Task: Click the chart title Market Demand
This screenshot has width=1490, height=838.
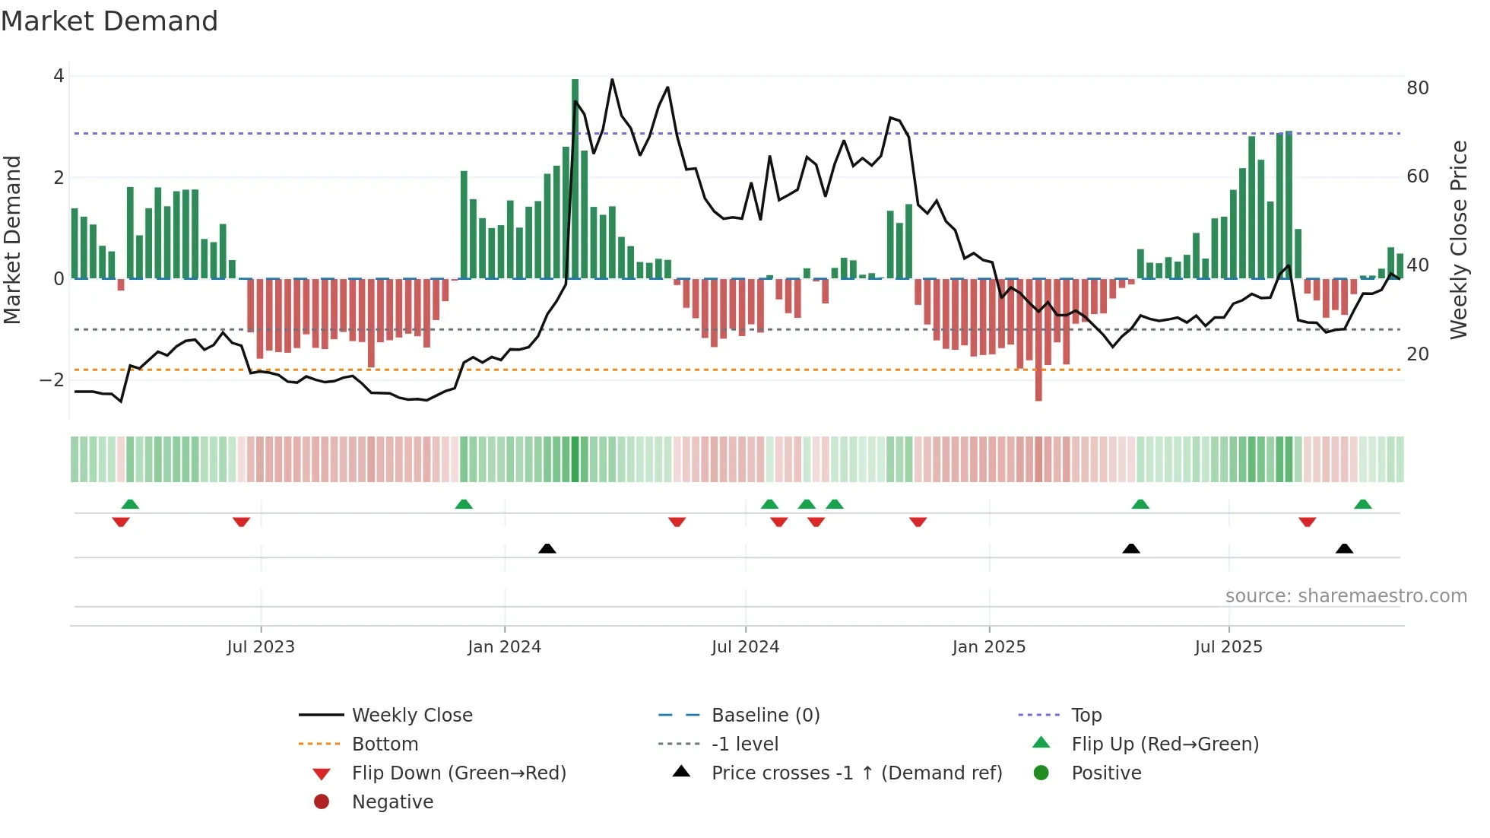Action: pyautogui.click(x=109, y=21)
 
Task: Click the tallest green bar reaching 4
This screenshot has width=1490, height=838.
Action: pyautogui.click(x=575, y=179)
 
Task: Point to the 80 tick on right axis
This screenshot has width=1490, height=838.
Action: pyautogui.click(x=1417, y=88)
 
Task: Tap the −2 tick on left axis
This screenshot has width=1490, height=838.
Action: pyautogui.click(x=52, y=380)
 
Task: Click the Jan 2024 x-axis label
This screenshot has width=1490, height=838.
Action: pyautogui.click(x=504, y=647)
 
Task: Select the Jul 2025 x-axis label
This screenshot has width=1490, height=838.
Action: pyautogui.click(x=1228, y=647)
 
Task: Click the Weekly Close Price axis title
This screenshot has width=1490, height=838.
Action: pyautogui.click(x=1458, y=240)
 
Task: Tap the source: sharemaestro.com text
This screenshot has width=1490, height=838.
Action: pyautogui.click(x=1346, y=596)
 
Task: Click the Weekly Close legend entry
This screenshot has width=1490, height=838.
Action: pyautogui.click(x=411, y=716)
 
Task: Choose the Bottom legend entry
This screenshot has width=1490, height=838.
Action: pyautogui.click(x=385, y=744)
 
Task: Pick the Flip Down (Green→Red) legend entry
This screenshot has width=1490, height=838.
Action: pyautogui.click(x=458, y=773)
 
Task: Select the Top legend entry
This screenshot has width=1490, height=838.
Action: pyautogui.click(x=1086, y=716)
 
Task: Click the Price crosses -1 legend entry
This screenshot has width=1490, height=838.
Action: pyautogui.click(x=856, y=773)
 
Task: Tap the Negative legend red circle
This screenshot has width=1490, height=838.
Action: pyautogui.click(x=322, y=802)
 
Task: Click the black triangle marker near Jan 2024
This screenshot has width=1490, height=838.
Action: pyautogui.click(x=547, y=548)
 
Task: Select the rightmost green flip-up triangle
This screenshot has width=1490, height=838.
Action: pyautogui.click(x=1362, y=504)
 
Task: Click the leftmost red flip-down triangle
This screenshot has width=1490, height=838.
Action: pyautogui.click(x=121, y=522)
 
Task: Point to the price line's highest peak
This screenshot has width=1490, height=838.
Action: pyautogui.click(x=612, y=80)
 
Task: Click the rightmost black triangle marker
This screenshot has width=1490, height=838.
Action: pyautogui.click(x=1344, y=548)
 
